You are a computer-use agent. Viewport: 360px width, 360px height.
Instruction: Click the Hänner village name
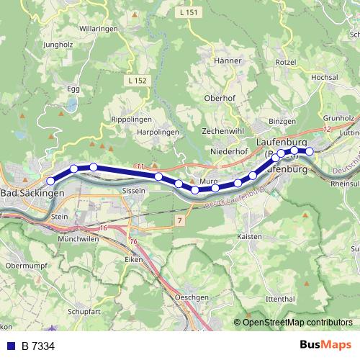click(228, 61)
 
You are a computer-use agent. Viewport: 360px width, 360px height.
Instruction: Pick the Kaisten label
click(248, 236)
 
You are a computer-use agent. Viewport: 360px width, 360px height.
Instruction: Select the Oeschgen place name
click(192, 297)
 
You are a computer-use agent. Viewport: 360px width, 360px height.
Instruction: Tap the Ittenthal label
click(280, 298)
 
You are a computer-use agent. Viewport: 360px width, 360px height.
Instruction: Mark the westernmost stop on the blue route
click(50, 181)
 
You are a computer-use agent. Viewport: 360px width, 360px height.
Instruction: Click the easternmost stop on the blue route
click(310, 151)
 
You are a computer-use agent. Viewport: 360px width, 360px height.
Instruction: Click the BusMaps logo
click(325, 346)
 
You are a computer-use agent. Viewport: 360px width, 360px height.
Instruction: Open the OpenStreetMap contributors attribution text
click(298, 323)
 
